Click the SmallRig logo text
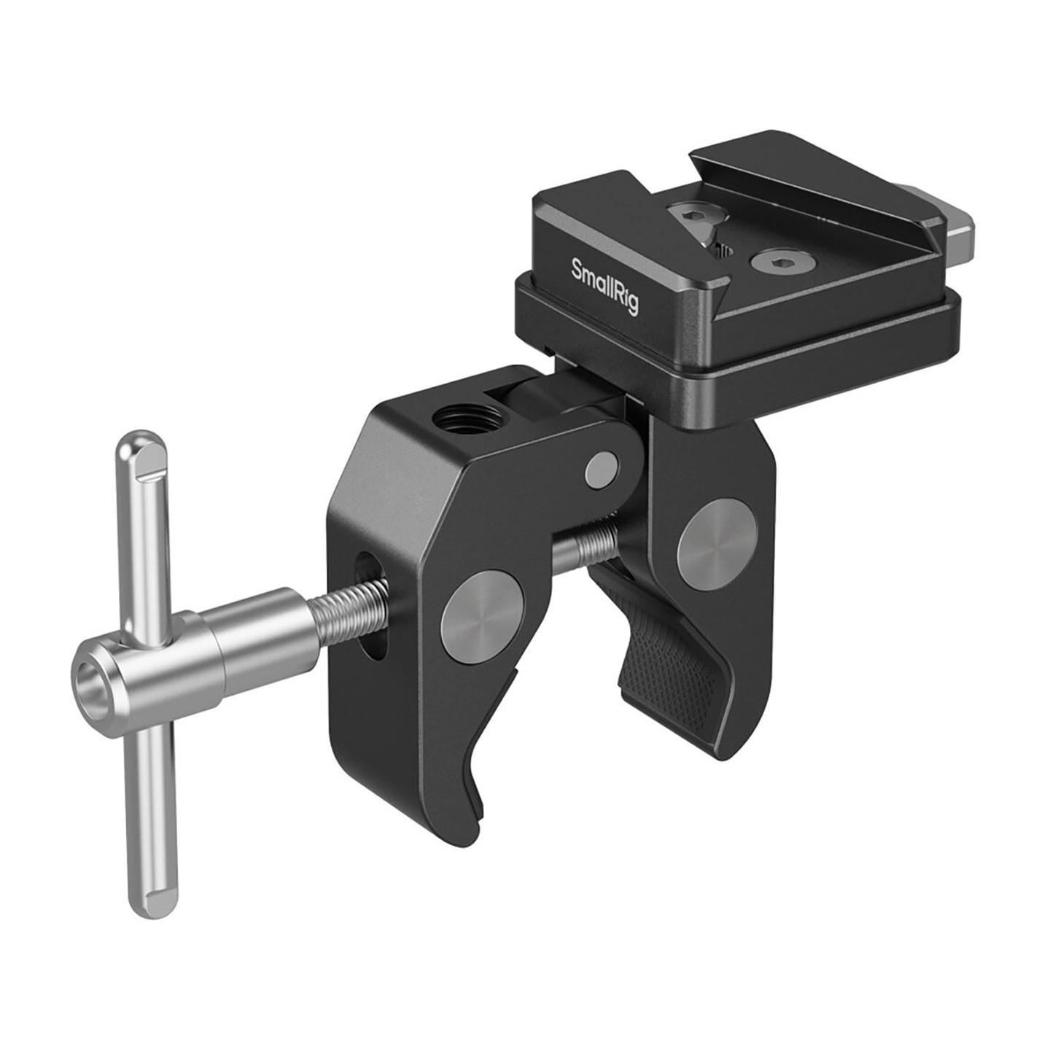click(604, 285)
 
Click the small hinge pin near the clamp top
click(602, 470)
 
